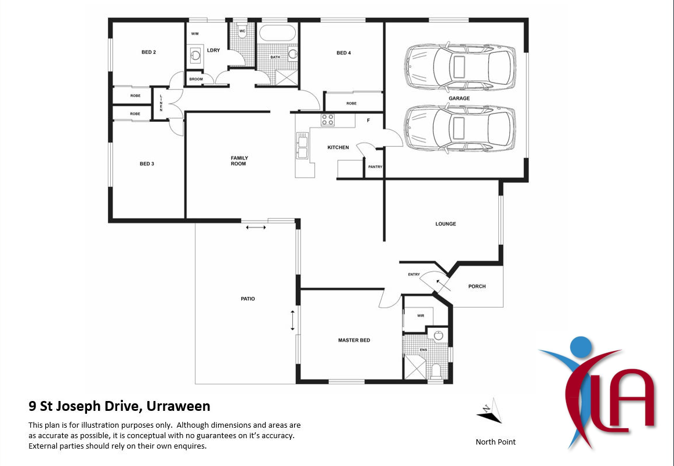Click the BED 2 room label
coord(148,52)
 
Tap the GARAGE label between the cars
coord(459,99)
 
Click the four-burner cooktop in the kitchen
coord(328,120)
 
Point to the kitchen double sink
coord(302,145)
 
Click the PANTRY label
coord(375,167)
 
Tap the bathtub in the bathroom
coord(277,33)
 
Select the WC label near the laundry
coord(242,31)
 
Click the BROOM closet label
coord(195,79)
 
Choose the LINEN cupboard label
coord(161,103)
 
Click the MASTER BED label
coord(354,340)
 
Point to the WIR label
coord(421,316)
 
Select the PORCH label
coord(477,286)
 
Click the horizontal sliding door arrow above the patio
coord(256,227)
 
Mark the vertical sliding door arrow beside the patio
coord(293,320)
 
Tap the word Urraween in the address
coord(177,406)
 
